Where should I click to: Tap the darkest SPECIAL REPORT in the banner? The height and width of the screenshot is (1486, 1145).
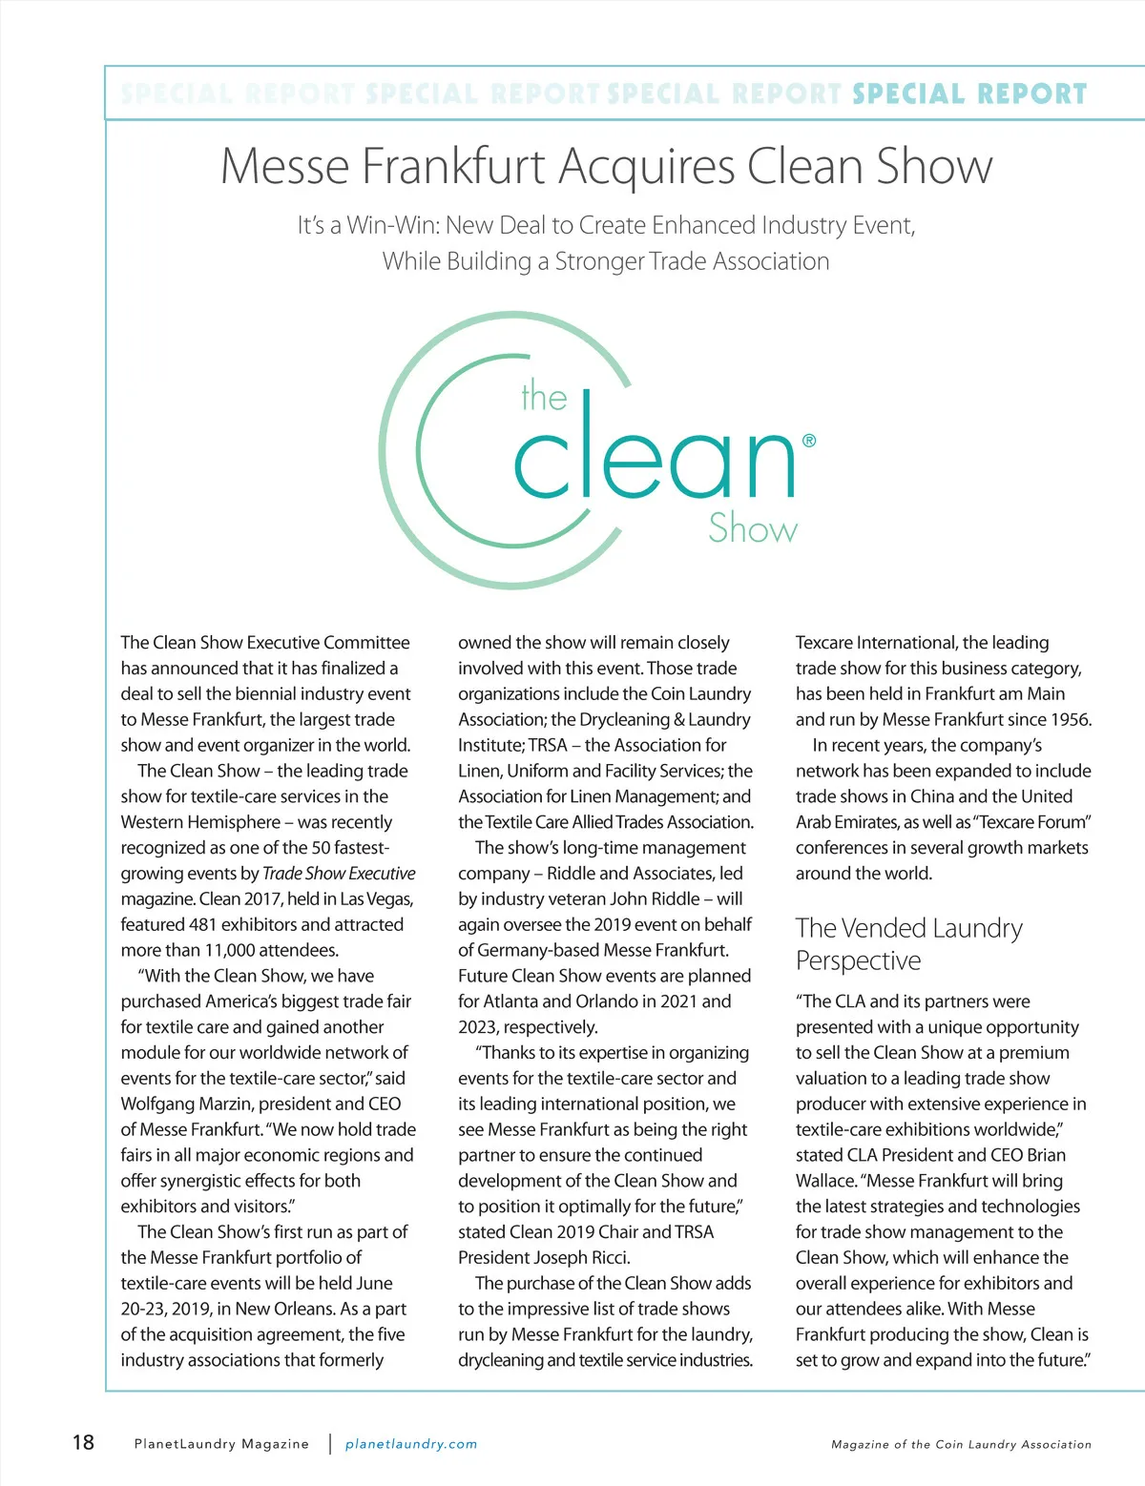969,93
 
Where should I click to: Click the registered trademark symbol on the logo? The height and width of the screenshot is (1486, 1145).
809,441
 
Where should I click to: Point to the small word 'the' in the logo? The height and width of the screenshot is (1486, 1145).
544,398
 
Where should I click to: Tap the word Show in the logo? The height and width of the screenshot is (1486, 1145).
752,528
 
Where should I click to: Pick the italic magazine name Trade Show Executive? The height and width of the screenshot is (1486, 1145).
339,873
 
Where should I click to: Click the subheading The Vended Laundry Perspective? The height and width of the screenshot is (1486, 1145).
908,943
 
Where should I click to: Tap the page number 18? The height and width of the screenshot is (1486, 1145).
84,1441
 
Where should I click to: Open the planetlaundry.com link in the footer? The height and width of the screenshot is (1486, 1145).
411,1444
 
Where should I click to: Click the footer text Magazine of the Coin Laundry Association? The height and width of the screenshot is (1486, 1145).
961,1444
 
